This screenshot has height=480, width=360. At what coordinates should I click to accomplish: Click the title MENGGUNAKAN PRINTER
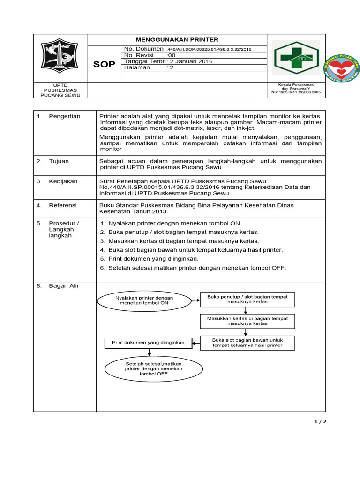click(177, 40)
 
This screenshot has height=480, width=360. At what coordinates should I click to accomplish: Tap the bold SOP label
click(104, 64)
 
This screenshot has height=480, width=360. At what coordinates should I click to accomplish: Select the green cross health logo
click(297, 58)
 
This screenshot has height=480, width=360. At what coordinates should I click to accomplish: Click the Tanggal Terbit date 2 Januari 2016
click(168, 61)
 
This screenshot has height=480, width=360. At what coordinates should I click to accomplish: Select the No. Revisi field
click(150, 55)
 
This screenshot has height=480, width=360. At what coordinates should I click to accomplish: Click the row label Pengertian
click(64, 116)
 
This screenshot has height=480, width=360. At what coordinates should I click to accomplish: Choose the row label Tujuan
click(59, 161)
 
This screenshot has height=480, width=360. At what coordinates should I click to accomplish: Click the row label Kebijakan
click(63, 181)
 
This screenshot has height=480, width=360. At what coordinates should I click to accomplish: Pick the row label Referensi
click(63, 205)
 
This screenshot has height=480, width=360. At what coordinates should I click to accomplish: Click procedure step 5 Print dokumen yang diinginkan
click(153, 259)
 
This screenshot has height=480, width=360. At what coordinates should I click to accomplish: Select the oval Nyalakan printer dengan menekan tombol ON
click(144, 300)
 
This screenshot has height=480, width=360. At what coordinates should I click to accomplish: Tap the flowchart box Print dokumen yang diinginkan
click(148, 343)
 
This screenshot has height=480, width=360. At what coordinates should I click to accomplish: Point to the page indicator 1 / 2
click(320, 421)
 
